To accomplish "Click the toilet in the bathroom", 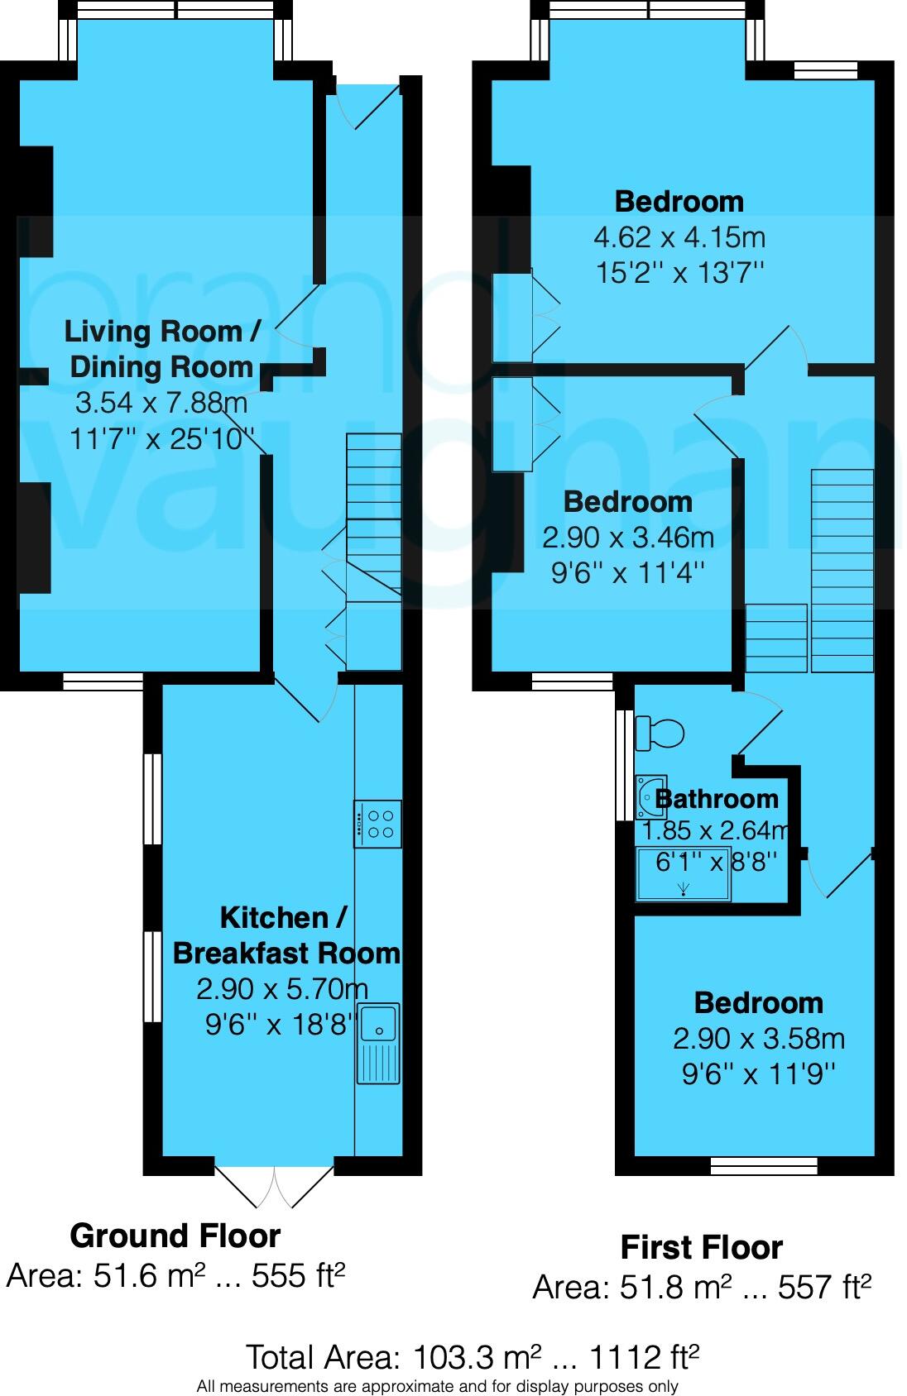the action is click(x=660, y=732).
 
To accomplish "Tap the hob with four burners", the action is click(x=377, y=824).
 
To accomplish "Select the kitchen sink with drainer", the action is click(x=378, y=1043).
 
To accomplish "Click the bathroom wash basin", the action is click(x=650, y=797).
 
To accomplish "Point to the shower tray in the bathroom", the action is click(x=683, y=874).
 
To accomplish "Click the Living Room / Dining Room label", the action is click(x=162, y=349).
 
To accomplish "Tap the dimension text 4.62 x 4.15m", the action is click(x=679, y=237).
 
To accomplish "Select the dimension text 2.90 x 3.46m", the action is click(x=627, y=538).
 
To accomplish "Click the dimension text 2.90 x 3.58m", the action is click(x=759, y=1039).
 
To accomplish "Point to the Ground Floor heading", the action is click(x=175, y=1236).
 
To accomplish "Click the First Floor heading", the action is click(x=702, y=1247).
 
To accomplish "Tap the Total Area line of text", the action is click(x=473, y=1357).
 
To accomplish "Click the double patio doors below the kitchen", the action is click(x=274, y=1188).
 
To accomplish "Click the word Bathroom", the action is click(x=717, y=799).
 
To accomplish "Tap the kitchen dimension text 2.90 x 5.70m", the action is click(x=282, y=989).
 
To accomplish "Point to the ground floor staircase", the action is click(x=374, y=552).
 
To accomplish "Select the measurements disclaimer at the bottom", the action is click(x=437, y=1386).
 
